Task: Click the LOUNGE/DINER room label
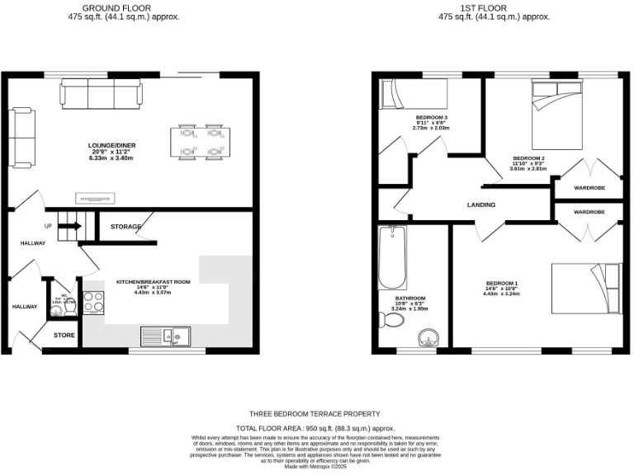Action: pyautogui.click(x=111, y=145)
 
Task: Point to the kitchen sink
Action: pyautogui.click(x=165, y=335)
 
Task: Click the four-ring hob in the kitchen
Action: pyautogui.click(x=93, y=302)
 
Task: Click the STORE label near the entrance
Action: pyautogui.click(x=64, y=336)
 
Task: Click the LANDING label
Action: pyautogui.click(x=481, y=205)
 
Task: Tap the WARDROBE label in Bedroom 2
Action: pyautogui.click(x=589, y=187)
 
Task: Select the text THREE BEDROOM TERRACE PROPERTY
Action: pyautogui.click(x=315, y=413)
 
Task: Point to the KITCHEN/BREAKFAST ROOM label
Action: pyautogui.click(x=153, y=282)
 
